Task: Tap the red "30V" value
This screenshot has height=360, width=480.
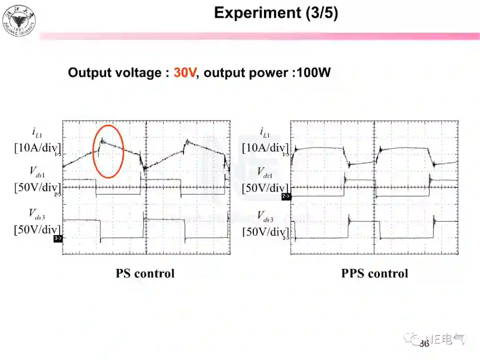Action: [184, 72]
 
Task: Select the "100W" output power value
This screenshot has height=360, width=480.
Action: [314, 72]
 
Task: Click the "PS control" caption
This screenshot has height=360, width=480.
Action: [145, 273]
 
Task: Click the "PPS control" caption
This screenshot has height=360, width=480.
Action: [374, 273]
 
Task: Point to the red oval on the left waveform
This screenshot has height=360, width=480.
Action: [108, 151]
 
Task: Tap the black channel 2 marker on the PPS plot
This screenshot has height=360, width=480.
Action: [286, 196]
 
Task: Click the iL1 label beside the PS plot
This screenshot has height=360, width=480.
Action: [38, 132]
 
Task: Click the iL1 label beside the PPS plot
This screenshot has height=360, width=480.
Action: [265, 132]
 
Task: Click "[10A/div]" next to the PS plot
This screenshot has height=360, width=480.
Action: [37, 148]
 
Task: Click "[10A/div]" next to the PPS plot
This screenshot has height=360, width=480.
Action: [265, 148]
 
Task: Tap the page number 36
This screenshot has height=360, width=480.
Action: [424, 344]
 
